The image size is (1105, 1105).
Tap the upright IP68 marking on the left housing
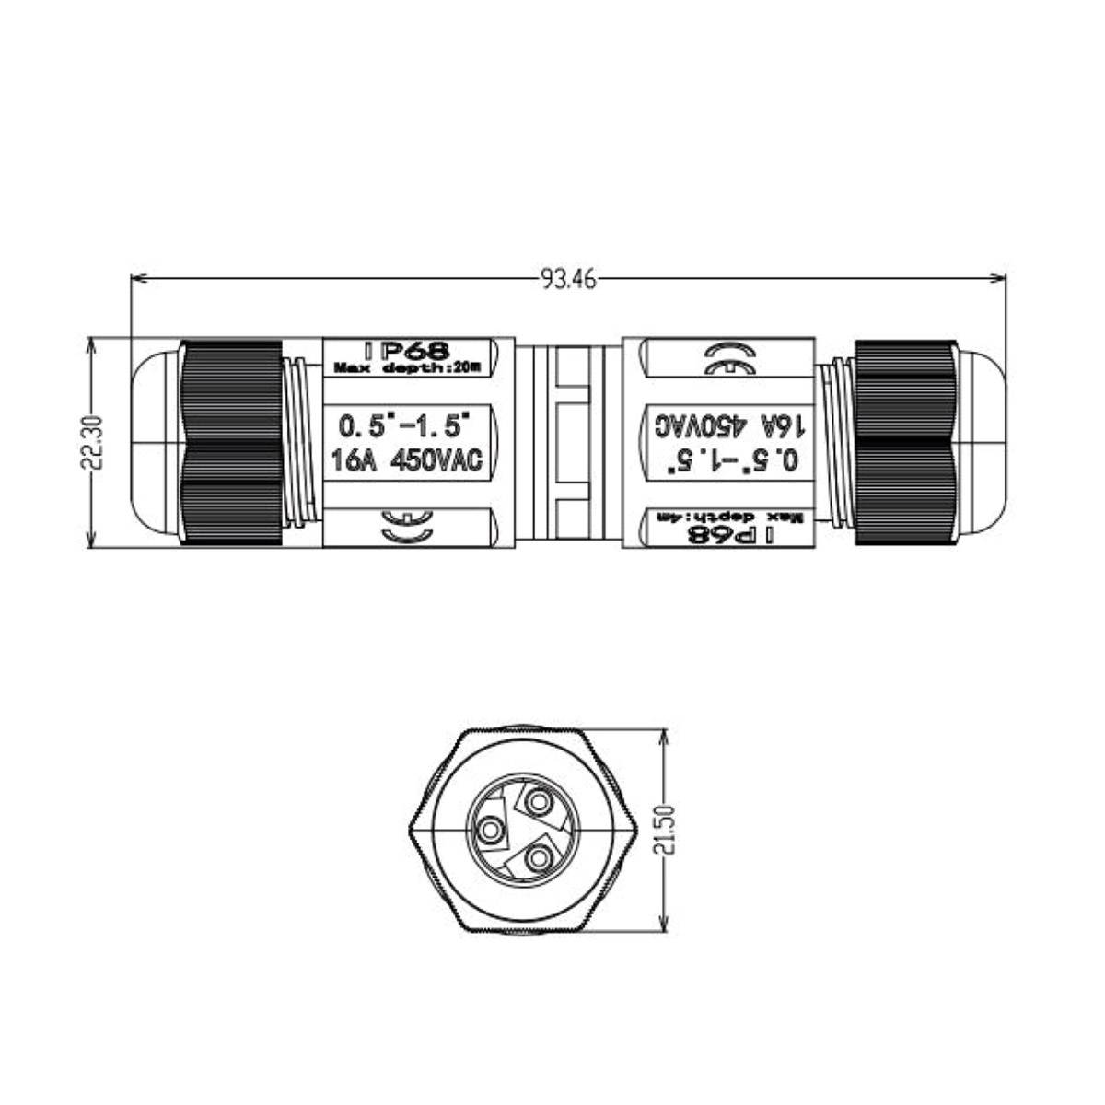406,350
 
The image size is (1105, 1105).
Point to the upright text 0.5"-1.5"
405,426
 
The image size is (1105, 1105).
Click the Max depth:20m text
406,368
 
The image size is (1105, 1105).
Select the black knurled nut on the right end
903,442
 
